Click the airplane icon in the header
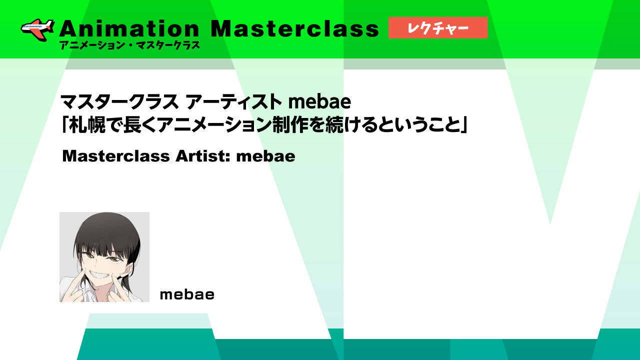tap(37, 29)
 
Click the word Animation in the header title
tap(129, 28)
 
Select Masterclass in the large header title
tap(294, 28)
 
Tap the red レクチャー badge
tap(437, 27)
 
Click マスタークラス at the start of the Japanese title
tap(119, 101)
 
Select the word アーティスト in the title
tap(233, 101)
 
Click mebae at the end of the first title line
tap(319, 101)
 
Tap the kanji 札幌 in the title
tap(87, 125)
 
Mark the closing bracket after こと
tap(463, 125)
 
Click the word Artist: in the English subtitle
tap(203, 156)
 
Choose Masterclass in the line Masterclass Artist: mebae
tap(116, 156)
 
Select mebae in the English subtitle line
tap(265, 156)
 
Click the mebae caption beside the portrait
tap(187, 294)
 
